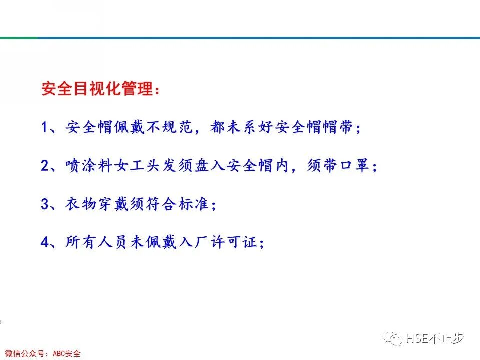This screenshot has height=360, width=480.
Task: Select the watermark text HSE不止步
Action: tap(435, 338)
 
